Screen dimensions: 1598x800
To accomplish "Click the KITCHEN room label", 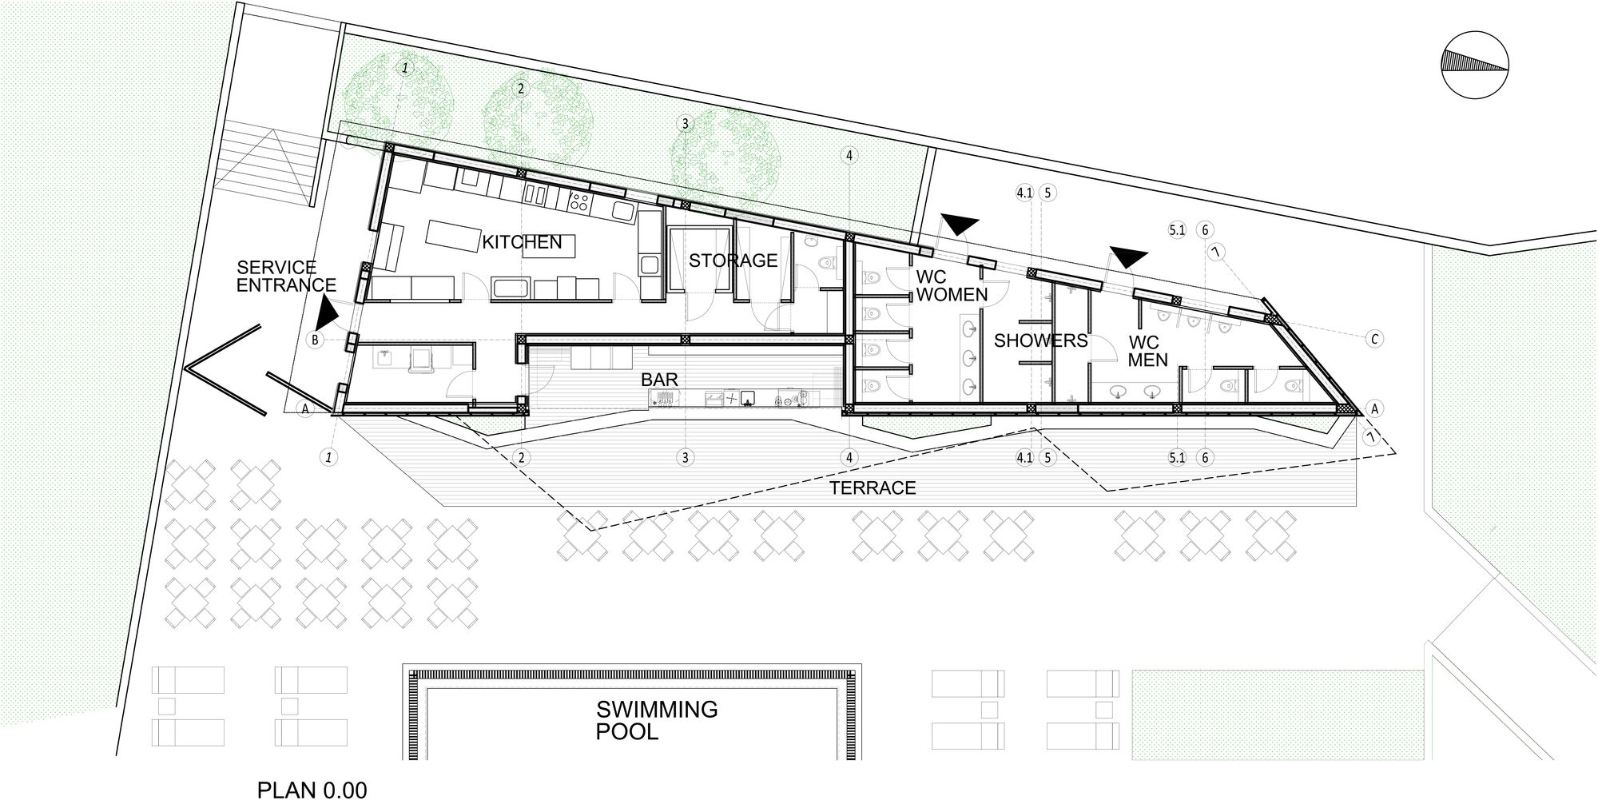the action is [x=522, y=242].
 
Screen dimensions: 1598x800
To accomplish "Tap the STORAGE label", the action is [x=733, y=261].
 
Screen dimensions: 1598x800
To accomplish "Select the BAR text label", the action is [x=659, y=379].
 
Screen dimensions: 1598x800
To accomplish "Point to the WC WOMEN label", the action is [x=952, y=286].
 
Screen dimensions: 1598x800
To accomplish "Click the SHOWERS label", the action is [x=1040, y=341].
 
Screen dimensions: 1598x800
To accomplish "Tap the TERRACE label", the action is [x=873, y=488].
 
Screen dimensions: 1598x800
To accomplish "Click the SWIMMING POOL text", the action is [x=657, y=720].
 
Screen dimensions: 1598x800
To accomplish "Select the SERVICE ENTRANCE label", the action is [x=286, y=276].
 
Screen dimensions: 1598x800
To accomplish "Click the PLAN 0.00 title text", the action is [x=312, y=790].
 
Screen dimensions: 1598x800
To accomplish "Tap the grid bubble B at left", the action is [x=316, y=340].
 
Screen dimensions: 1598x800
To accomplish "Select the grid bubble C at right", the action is [x=1374, y=339].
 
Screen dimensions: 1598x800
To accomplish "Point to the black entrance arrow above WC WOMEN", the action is [x=958, y=225].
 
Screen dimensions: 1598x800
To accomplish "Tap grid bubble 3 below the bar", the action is [x=685, y=458].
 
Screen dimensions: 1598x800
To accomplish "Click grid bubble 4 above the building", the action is [x=849, y=155].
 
